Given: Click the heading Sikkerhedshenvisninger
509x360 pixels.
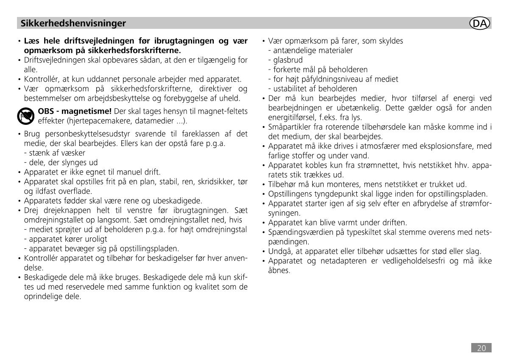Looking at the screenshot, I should [73, 23].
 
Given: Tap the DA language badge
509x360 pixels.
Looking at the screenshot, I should [480, 23].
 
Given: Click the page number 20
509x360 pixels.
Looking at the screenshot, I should [481, 348].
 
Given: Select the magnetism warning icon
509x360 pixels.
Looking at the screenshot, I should [25, 115].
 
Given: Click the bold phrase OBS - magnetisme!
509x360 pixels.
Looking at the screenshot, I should [75, 111].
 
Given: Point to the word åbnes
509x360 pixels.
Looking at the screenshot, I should [279, 270].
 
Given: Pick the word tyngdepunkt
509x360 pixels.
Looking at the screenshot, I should [327, 194].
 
